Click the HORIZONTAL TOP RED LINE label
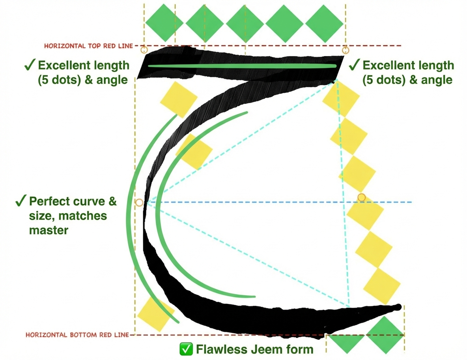pos(88,46)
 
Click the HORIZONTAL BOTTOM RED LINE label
pos(77,335)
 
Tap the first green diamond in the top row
pos(164,22)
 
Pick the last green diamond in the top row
pos(325,23)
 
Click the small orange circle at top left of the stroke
pos(144,50)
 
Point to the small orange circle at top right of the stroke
pos(346,50)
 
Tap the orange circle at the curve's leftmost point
pos(139,202)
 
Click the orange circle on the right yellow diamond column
pos(361,197)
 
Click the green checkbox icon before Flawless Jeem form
pos(185,349)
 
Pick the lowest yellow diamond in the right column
pos(381,286)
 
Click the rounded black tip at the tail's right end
pos(398,307)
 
